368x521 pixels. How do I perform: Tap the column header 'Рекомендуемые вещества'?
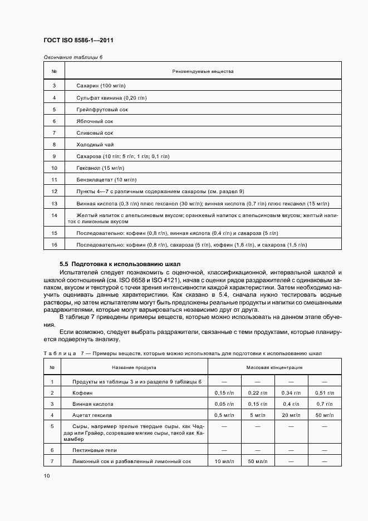tap(203, 71)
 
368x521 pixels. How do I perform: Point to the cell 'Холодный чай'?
tap(94, 144)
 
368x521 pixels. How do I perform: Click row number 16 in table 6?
tap(54, 245)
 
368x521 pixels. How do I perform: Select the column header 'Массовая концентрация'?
tap(274, 367)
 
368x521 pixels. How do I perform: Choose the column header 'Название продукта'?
tap(134, 367)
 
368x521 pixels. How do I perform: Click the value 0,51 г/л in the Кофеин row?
tap(325, 393)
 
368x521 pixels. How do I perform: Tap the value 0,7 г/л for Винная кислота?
tap(325, 404)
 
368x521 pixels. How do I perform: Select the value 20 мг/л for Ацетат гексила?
tap(291, 415)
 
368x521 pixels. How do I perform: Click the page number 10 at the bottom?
tap(46, 476)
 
